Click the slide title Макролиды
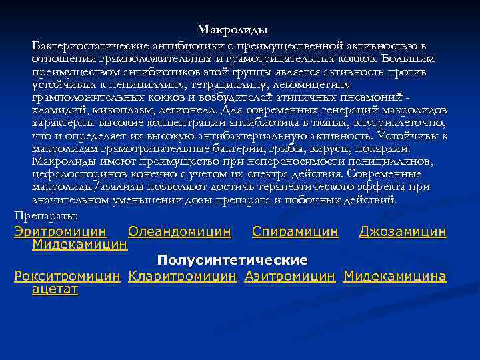click(x=233, y=30)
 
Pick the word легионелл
click(x=192, y=109)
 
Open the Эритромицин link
click(x=60, y=232)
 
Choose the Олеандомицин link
click(x=179, y=232)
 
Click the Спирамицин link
click(x=295, y=232)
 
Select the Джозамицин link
click(x=402, y=232)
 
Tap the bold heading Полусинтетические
click(x=233, y=259)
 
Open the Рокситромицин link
click(x=67, y=276)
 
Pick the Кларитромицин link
click(x=182, y=276)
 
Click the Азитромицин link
click(x=289, y=276)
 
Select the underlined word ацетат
click(x=55, y=289)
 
